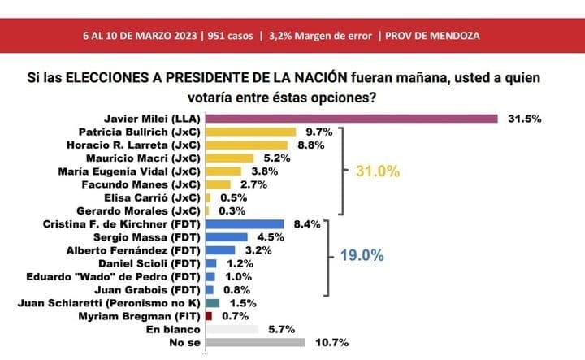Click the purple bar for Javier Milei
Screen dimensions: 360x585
(x=351, y=118)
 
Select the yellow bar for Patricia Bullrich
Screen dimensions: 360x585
(x=250, y=131)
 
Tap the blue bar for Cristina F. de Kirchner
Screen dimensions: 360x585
(x=245, y=223)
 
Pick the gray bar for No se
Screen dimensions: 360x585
(x=254, y=342)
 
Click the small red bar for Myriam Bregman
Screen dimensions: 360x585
(x=209, y=315)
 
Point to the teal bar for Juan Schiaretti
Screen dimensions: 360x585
(x=212, y=302)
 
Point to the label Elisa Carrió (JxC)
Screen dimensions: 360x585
(x=156, y=197)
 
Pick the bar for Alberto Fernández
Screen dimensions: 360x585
(x=220, y=249)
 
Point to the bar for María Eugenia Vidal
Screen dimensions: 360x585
(x=223, y=171)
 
